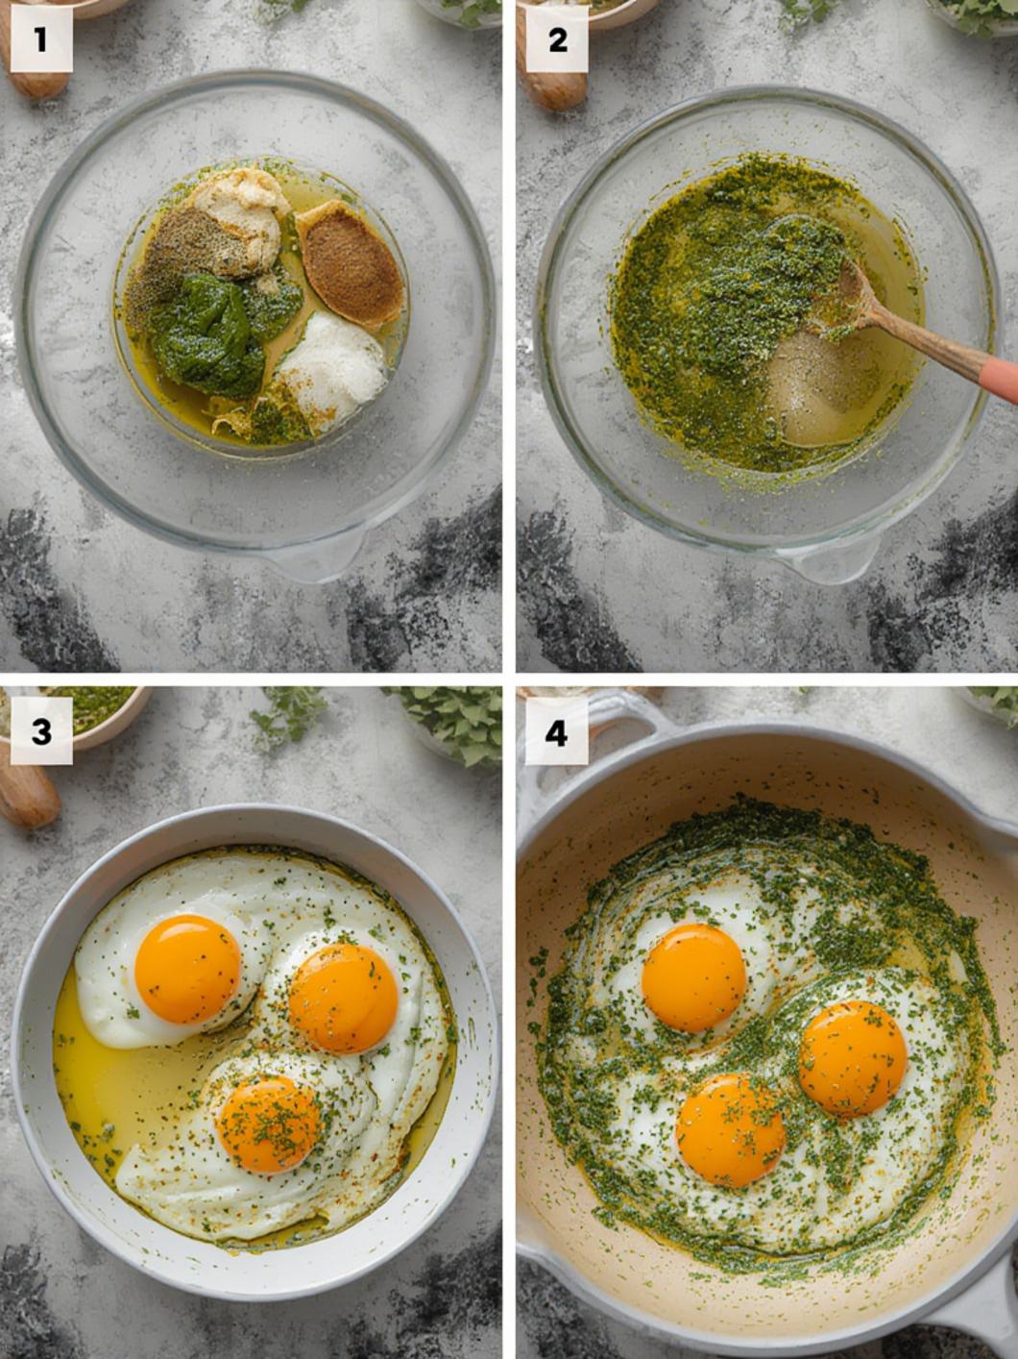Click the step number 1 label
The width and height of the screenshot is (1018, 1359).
[40, 40]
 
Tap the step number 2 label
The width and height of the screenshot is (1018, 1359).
[556, 40]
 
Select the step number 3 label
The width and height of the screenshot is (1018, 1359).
[40, 733]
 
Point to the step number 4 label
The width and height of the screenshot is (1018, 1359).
[556, 733]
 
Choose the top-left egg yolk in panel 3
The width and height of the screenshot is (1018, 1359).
[187, 969]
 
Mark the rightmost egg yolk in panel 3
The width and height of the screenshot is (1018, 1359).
[344, 998]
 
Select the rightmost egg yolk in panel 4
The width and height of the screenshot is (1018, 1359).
[852, 1058]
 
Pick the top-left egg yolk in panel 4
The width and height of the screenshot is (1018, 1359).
[693, 977]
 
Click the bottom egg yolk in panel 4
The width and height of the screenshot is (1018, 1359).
[730, 1130]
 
